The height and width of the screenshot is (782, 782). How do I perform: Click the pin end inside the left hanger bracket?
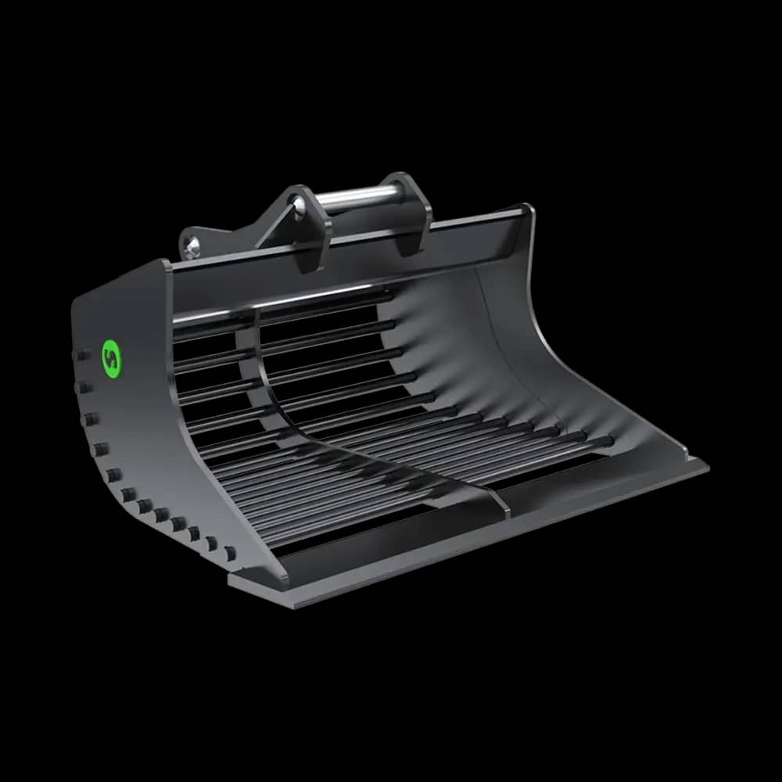pos(298,205)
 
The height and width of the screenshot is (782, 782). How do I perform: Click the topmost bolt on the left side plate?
pos(80,357)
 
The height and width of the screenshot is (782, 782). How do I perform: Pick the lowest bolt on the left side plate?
pos(231,554)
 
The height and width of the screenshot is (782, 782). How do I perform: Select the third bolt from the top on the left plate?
pos(91,419)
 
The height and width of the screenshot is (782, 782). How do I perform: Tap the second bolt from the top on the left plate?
pos(84,387)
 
